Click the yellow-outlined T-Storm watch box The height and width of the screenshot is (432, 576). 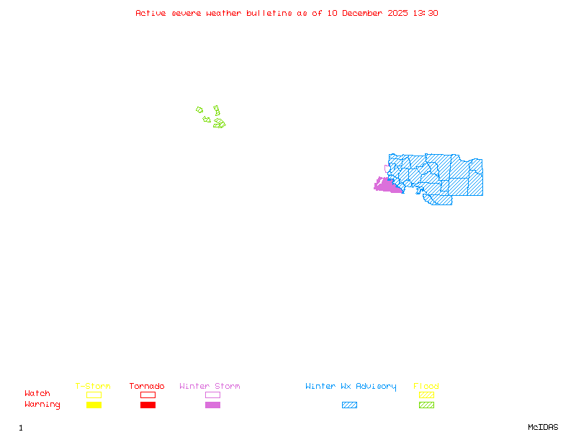point(94,395)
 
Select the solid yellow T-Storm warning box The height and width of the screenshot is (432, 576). point(94,405)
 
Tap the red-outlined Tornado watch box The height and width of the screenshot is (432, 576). point(148,395)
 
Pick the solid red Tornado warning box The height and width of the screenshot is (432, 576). point(148,405)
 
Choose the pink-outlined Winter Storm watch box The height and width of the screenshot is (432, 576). point(212,395)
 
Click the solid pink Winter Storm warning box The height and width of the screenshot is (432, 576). point(212,405)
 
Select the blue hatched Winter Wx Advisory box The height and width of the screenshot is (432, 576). point(349,405)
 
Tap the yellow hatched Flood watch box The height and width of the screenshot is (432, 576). point(426,395)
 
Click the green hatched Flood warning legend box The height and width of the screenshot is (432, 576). point(426,405)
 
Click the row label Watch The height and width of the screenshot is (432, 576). point(37,394)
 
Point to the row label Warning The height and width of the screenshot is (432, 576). point(42,405)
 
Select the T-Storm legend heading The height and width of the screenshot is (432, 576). point(93,387)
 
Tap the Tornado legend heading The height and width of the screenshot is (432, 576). point(147,387)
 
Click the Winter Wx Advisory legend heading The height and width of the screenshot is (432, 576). point(351,387)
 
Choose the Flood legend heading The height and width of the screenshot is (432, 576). point(426,387)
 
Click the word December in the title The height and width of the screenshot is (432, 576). point(366,13)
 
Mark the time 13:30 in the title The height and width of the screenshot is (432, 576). point(424,13)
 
